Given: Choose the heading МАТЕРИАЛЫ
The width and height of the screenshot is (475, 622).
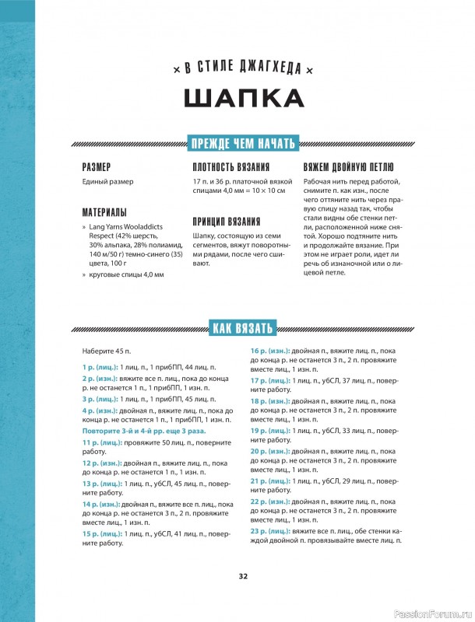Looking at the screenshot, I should (104, 211).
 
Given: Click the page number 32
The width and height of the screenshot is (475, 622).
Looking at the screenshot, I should (242, 576).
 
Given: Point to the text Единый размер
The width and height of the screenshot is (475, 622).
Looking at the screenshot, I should (107, 182).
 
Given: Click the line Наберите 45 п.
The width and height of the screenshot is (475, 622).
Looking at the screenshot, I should (107, 351).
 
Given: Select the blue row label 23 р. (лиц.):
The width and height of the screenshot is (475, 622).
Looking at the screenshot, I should (269, 531).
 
